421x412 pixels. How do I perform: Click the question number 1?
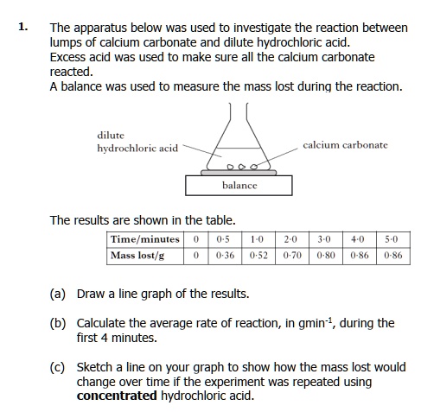(22, 28)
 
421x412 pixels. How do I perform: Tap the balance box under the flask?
(239, 185)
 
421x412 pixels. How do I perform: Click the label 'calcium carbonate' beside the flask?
(345, 145)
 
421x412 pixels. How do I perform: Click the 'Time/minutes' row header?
(145, 239)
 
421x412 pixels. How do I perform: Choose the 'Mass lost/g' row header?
(137, 256)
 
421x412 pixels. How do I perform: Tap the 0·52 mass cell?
(258, 256)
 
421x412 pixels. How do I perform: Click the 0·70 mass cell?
(290, 256)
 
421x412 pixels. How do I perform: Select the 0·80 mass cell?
(324, 256)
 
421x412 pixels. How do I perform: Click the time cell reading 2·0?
(290, 239)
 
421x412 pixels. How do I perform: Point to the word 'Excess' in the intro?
(71, 57)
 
